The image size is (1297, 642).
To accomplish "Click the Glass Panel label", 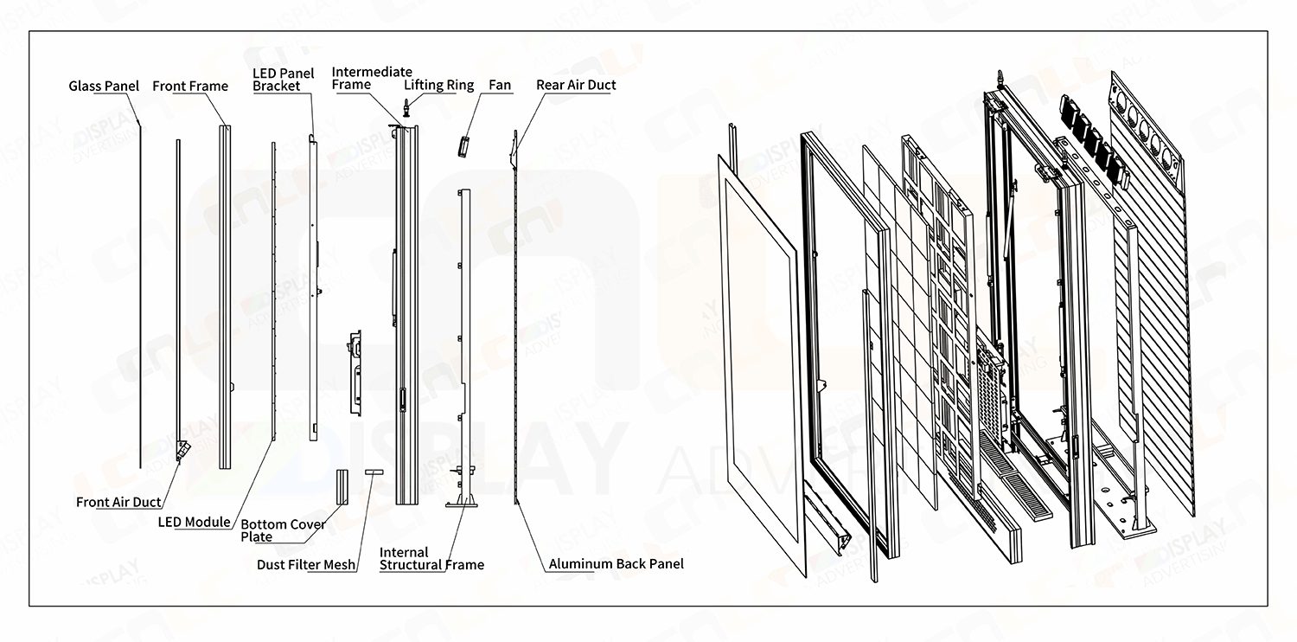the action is [x=104, y=87].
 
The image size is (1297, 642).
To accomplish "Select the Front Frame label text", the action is [x=190, y=87].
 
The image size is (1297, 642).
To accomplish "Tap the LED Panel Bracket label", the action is [x=283, y=80].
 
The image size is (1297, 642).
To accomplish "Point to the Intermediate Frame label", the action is [x=372, y=78].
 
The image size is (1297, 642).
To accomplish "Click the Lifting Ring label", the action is [x=439, y=85].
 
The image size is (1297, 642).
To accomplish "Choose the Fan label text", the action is [x=500, y=85].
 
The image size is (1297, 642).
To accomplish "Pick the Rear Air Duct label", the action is [x=576, y=85].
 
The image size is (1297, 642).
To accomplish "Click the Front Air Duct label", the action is [x=118, y=502].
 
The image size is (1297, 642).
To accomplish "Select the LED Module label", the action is [x=194, y=522].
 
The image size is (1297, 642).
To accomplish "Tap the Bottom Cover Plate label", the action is [x=283, y=530].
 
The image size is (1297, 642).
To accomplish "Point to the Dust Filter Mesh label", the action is [x=306, y=565].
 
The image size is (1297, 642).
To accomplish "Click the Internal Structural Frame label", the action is [x=431, y=559].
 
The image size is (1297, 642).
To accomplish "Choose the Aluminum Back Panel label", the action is [x=616, y=564].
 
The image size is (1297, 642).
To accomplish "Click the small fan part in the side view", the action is [x=463, y=146].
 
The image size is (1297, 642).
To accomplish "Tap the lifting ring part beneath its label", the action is [x=407, y=108].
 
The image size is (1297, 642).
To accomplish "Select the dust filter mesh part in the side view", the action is [x=374, y=472].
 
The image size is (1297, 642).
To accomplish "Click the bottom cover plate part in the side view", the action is [x=342, y=487].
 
